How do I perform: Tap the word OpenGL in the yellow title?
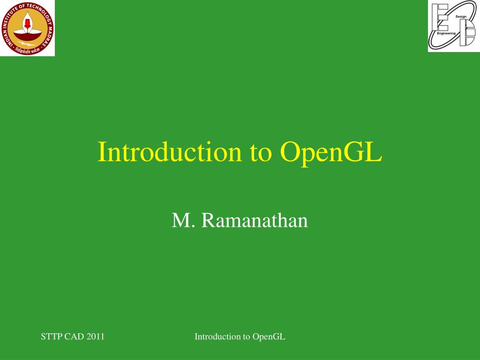331,152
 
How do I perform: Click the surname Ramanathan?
255,220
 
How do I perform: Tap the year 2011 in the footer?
95,337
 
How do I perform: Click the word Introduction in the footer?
216,337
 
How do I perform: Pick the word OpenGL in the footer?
269,337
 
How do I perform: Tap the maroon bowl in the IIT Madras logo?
27,34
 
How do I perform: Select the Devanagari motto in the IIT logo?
27,50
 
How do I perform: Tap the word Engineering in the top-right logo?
446,33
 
